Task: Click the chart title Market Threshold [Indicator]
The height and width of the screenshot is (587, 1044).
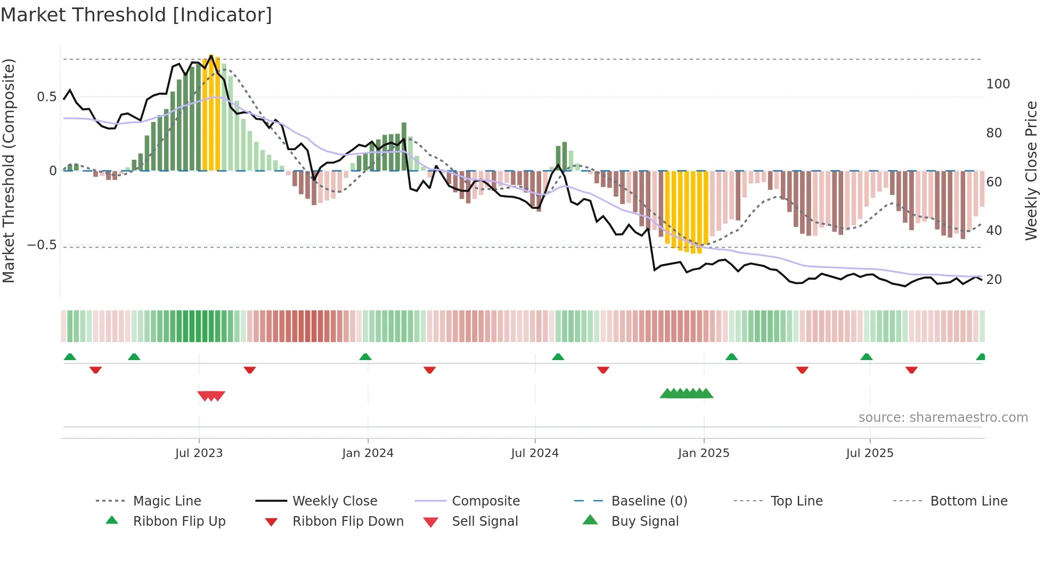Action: pyautogui.click(x=136, y=15)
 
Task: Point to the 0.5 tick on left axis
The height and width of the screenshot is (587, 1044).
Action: pyautogui.click(x=46, y=97)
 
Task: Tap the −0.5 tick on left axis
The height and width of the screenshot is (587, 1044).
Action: pyautogui.click(x=42, y=245)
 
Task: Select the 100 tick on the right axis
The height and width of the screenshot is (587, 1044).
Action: pyautogui.click(x=998, y=84)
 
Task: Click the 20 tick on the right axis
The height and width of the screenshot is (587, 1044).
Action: pyautogui.click(x=993, y=280)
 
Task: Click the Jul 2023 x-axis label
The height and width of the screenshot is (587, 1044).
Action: pyautogui.click(x=199, y=453)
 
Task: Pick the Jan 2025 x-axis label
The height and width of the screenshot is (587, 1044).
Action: pyautogui.click(x=703, y=453)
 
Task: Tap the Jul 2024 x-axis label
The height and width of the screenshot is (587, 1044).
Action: pyautogui.click(x=534, y=453)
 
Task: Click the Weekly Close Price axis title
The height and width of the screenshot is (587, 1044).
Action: pyautogui.click(x=1031, y=170)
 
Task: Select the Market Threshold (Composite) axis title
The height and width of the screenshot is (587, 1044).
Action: pyautogui.click(x=9, y=170)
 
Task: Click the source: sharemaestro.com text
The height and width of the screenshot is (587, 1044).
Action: pyautogui.click(x=943, y=418)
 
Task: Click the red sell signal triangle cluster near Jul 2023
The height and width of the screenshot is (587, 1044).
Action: pyautogui.click(x=211, y=396)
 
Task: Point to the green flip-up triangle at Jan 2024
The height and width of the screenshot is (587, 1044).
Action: pyautogui.click(x=365, y=357)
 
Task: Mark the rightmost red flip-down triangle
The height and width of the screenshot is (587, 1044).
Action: pyautogui.click(x=911, y=370)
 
